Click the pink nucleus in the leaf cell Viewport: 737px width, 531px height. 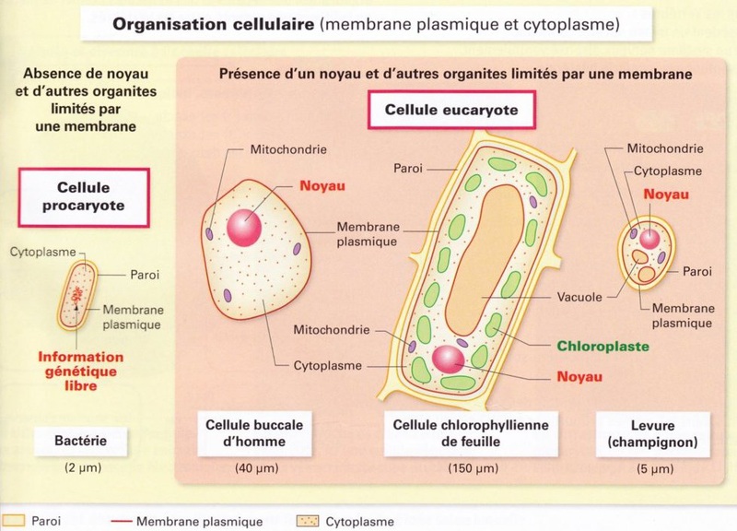click(x=451, y=360)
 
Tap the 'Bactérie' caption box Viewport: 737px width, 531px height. click(x=82, y=441)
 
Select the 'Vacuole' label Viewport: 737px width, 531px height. click(x=580, y=298)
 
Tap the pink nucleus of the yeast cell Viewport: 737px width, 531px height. click(x=650, y=239)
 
